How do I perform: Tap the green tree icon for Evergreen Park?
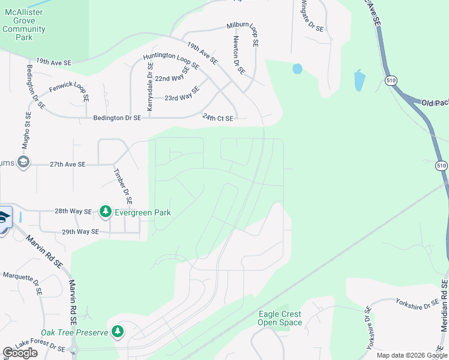tap(106, 212)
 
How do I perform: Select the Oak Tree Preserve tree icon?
tap(118, 332)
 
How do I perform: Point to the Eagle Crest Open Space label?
tap(280, 318)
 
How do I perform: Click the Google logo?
tap(20, 353)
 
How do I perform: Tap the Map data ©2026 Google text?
tap(411, 355)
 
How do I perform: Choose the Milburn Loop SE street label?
tap(242, 35)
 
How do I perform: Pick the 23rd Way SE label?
tap(182, 94)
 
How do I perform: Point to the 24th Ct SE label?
tap(217, 118)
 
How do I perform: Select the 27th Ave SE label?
tap(67, 164)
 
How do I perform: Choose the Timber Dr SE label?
tap(123, 185)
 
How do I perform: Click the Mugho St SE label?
tap(27, 130)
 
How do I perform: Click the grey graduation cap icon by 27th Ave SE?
tap(23, 162)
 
